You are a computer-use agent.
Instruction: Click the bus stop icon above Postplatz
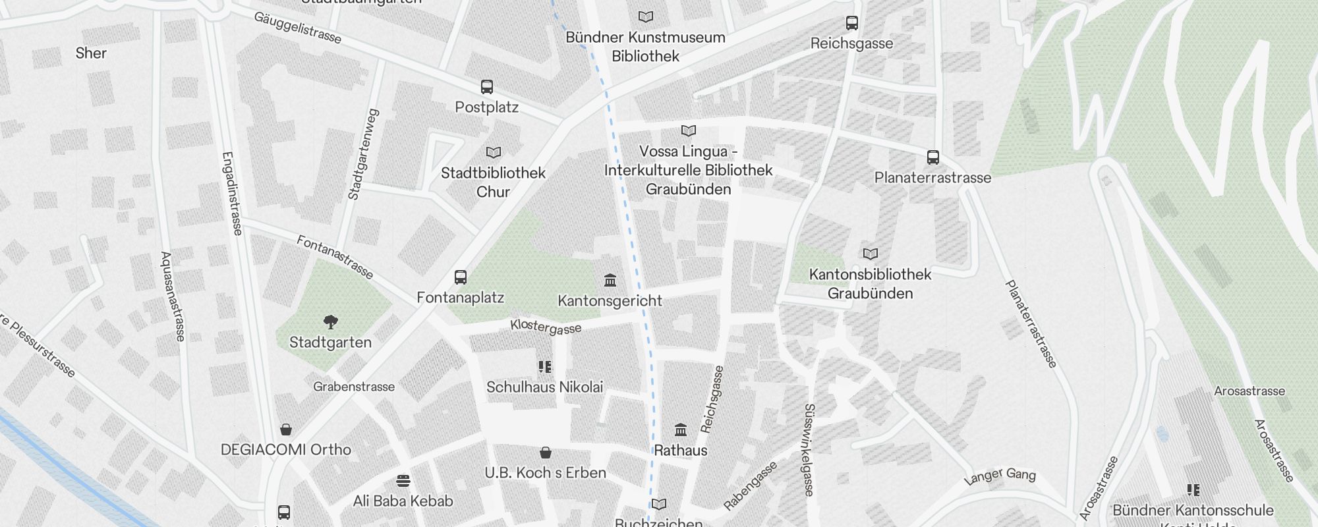[487, 87]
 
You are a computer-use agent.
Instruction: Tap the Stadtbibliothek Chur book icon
[494, 153]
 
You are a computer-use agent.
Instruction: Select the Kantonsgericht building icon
[610, 281]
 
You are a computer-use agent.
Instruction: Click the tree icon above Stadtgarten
[331, 322]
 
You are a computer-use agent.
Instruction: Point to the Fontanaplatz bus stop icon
[461, 277]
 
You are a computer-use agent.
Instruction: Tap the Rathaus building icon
[681, 430]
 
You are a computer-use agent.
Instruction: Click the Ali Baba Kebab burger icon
[403, 481]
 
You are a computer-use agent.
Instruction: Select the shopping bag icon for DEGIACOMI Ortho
[286, 430]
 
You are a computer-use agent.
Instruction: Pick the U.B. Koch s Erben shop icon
[546, 453]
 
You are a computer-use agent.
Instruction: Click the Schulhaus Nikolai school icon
[545, 367]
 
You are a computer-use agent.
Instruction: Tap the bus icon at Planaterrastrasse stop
[933, 157]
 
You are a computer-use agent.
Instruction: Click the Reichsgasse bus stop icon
[852, 23]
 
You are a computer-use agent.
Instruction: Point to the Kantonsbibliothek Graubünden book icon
[871, 254]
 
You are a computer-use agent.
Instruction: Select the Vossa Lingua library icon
[689, 131]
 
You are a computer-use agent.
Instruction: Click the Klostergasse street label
[546, 327]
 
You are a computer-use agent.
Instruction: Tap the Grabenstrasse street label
[354, 387]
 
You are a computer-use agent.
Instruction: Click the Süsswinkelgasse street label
[809, 450]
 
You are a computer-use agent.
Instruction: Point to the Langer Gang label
[1000, 476]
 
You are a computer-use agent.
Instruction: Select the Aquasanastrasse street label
[173, 296]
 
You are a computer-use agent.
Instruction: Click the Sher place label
[91, 53]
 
